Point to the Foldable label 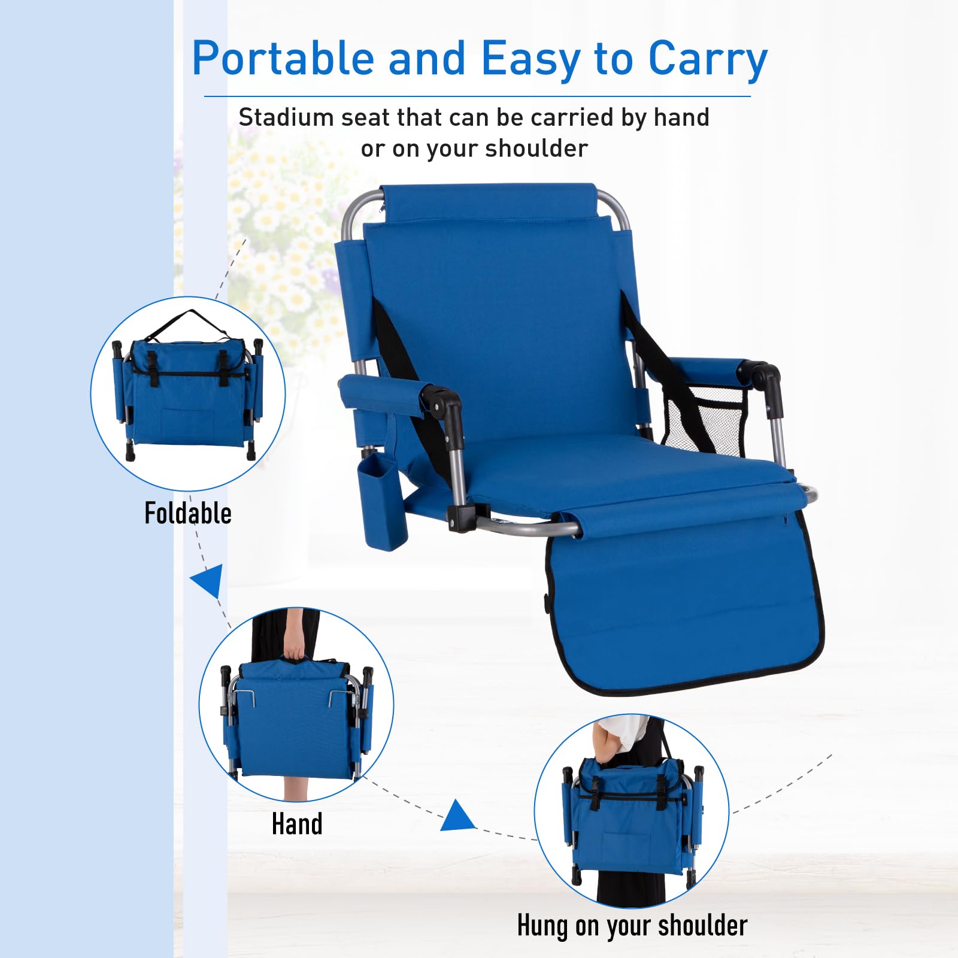(188, 513)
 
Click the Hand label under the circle (297, 823)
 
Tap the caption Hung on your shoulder (632, 925)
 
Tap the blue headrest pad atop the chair (488, 204)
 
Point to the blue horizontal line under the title (477, 96)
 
